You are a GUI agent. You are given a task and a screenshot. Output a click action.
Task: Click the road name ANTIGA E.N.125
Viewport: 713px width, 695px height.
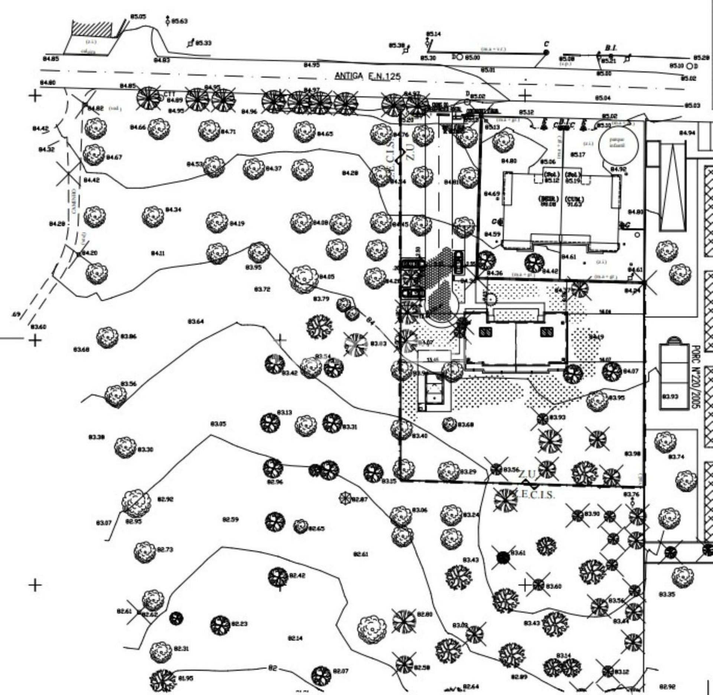pyautogui.click(x=368, y=76)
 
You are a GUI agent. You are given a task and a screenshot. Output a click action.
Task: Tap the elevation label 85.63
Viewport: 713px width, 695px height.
pyautogui.click(x=179, y=21)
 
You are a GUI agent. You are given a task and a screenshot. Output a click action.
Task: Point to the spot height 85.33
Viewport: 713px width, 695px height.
pyautogui.click(x=204, y=43)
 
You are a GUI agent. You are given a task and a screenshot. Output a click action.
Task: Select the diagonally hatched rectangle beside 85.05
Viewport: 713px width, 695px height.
pyautogui.click(x=91, y=29)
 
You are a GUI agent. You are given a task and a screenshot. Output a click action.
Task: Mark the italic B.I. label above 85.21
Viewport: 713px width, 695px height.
pyautogui.click(x=611, y=48)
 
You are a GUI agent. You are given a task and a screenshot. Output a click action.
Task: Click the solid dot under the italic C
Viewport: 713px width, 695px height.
pyautogui.click(x=546, y=53)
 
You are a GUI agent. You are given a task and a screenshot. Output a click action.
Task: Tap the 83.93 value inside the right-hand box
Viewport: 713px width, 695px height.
pyautogui.click(x=670, y=397)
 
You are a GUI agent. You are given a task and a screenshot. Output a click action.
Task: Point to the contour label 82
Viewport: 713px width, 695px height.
pyautogui.click(x=273, y=668)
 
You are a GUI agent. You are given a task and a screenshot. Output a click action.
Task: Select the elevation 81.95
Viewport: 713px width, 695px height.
pyautogui.click(x=186, y=678)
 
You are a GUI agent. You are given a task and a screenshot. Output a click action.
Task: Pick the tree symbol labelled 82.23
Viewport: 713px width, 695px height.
pyautogui.click(x=221, y=625)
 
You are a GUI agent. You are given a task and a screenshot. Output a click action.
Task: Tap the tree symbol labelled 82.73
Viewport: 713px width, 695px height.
pyautogui.click(x=144, y=552)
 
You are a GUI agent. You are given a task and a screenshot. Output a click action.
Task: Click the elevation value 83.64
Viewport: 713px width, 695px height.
pyautogui.click(x=196, y=321)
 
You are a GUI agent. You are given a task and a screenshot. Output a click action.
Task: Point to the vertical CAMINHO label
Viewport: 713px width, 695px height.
pyautogui.click(x=74, y=201)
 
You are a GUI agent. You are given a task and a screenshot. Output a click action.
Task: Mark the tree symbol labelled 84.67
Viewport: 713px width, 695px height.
pyautogui.click(x=94, y=154)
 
